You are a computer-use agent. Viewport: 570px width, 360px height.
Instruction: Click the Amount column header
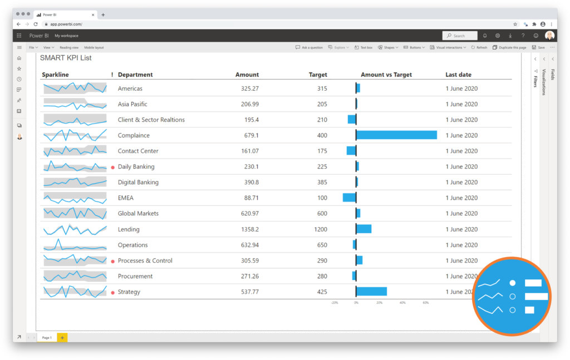tap(247, 75)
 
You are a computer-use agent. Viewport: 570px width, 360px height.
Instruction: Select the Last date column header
tap(459, 75)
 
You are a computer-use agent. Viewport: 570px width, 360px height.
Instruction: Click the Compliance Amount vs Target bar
tap(396, 135)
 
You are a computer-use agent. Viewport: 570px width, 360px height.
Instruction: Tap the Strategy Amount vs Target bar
tap(371, 292)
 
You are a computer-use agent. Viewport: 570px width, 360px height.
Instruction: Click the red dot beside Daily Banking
tap(113, 167)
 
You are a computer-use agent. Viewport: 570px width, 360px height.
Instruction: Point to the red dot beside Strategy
tap(113, 292)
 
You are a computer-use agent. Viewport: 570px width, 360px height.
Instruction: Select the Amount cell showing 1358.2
tap(247, 229)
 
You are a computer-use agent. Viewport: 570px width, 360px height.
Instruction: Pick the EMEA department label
tap(126, 198)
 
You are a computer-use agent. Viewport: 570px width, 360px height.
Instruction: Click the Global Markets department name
tap(138, 214)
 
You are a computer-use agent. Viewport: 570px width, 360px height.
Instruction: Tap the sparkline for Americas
tap(75, 88)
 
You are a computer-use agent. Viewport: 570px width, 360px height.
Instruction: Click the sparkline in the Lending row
tap(75, 229)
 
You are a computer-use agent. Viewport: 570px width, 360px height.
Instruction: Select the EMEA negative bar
tap(349, 198)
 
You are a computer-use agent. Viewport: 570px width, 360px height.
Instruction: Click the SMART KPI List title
tap(66, 58)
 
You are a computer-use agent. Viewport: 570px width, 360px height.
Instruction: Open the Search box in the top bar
tap(460, 36)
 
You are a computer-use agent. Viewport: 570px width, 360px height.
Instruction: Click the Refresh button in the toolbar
tap(479, 48)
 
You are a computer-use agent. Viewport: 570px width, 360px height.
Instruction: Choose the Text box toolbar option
tap(363, 48)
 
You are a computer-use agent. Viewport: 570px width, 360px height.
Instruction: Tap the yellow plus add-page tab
tap(62, 338)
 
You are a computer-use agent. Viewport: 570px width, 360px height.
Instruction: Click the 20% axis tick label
tap(379, 303)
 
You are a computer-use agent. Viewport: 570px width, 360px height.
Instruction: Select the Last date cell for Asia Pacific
tap(461, 104)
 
